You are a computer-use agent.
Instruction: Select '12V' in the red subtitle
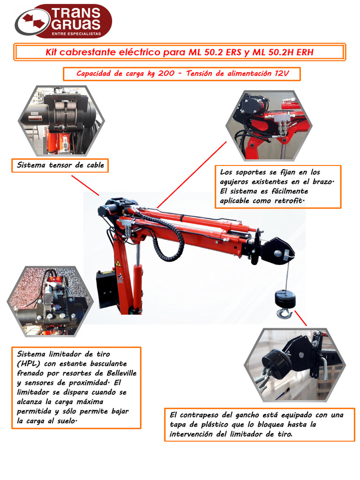click(x=280, y=74)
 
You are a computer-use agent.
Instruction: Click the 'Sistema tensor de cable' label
click(x=60, y=165)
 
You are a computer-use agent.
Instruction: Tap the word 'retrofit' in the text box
click(x=284, y=201)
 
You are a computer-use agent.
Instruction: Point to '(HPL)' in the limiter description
click(x=29, y=364)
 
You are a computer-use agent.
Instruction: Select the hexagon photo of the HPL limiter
click(x=50, y=300)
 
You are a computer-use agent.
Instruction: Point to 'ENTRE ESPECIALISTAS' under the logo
click(x=76, y=34)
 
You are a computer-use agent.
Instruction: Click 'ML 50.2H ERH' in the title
click(x=283, y=52)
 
